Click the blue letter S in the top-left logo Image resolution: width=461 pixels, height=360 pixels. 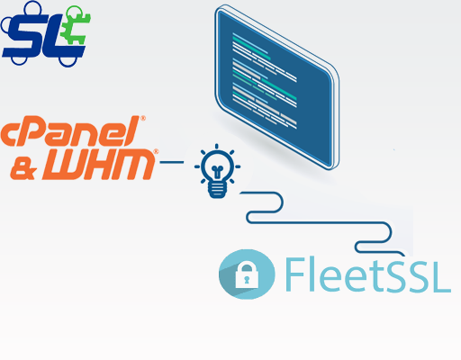24,36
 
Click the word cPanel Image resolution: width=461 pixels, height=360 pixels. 71,131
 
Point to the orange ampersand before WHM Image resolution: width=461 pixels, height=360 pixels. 23,168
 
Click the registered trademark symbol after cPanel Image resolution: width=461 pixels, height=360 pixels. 143,118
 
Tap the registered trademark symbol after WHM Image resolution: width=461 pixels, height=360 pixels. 157,151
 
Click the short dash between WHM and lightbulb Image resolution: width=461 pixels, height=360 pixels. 172,162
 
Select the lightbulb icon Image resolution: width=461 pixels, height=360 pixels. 217,171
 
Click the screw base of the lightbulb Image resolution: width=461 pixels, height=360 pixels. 217,190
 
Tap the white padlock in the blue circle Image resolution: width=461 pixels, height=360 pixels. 247,275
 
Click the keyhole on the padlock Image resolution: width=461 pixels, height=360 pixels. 247,280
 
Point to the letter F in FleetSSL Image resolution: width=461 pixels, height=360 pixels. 295,274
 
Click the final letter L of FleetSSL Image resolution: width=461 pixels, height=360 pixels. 440,274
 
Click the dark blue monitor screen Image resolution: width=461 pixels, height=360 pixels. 276,87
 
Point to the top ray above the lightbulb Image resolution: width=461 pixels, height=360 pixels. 217,147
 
